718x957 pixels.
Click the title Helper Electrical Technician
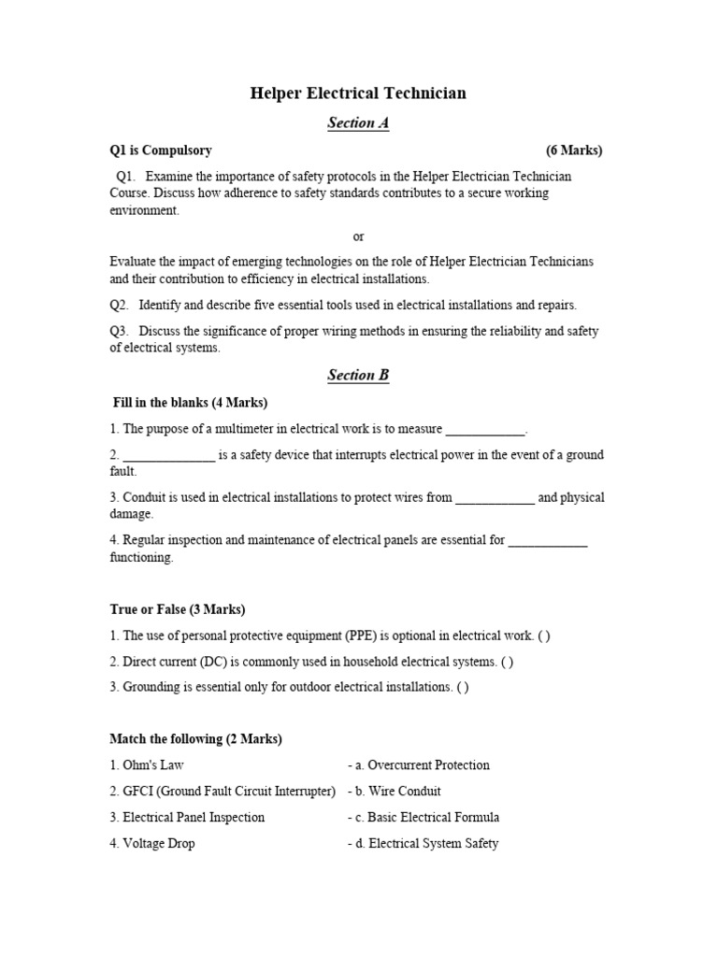click(x=358, y=93)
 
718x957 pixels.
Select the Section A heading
click(x=358, y=123)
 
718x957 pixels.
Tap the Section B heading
click(x=358, y=376)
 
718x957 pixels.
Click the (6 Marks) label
click(x=574, y=150)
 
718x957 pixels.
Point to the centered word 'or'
click(x=358, y=236)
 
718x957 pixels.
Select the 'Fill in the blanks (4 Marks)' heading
click(x=190, y=403)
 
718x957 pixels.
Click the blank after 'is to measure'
click(x=485, y=430)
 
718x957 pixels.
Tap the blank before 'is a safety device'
click(x=168, y=456)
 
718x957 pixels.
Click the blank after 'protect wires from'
click(x=495, y=498)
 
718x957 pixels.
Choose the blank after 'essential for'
click(x=548, y=541)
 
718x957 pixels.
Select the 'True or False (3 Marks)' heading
click(x=178, y=609)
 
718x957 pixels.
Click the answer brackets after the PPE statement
click(x=544, y=636)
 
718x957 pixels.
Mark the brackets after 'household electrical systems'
click(x=507, y=662)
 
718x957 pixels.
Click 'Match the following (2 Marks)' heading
click(x=195, y=739)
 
